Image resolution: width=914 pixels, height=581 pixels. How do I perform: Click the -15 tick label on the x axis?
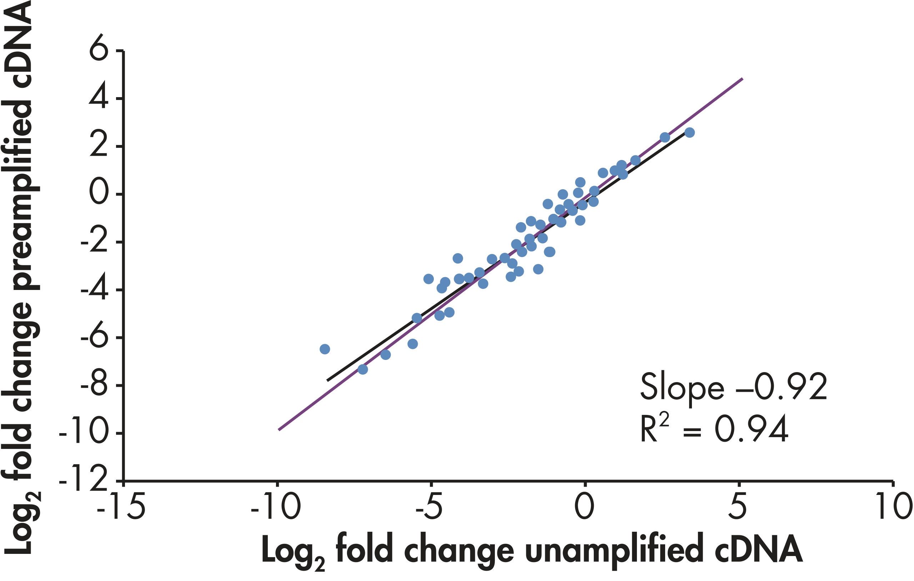121,507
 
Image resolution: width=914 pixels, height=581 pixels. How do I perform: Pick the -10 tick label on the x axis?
276,507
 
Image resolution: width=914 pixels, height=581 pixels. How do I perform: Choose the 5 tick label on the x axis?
738,507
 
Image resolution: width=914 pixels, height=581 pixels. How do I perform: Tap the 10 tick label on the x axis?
894,507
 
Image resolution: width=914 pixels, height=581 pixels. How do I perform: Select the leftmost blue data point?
325,349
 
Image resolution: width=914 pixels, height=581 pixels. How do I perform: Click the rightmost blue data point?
689,132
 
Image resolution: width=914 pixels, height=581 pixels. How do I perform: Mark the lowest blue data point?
362,369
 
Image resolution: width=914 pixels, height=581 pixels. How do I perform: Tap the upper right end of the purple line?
742,79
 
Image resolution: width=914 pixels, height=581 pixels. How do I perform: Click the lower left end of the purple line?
279,430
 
